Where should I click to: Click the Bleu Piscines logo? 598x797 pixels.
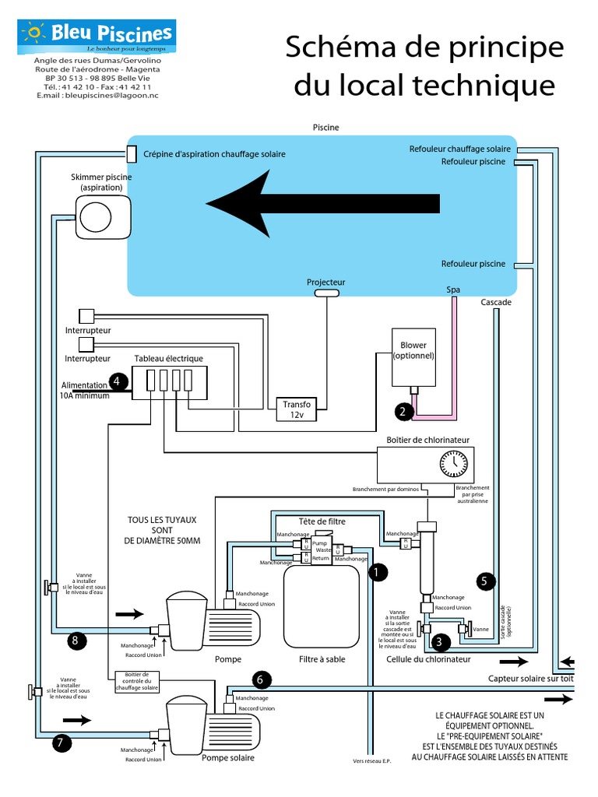click(98, 36)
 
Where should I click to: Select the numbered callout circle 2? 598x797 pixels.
click(403, 412)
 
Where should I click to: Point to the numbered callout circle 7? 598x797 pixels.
click(60, 743)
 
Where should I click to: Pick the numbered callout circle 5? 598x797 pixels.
click(484, 580)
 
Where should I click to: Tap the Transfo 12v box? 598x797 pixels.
click(297, 409)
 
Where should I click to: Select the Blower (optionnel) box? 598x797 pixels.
click(413, 356)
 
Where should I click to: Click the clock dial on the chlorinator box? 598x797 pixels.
click(455, 464)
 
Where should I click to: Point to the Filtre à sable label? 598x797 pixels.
click(322, 659)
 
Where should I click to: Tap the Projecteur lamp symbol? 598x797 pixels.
click(326, 293)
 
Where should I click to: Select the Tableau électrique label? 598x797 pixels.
click(168, 358)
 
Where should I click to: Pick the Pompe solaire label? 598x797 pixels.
click(227, 757)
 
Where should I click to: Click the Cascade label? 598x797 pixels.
click(496, 302)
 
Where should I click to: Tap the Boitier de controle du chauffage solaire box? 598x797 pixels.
click(136, 681)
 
